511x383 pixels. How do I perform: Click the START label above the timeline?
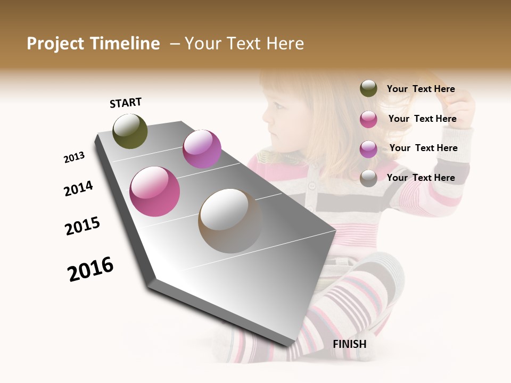(x=126, y=103)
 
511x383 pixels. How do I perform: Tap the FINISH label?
(x=350, y=344)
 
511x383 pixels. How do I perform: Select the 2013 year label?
(x=75, y=157)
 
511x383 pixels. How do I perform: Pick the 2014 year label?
(x=79, y=188)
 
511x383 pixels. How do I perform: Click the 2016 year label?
(x=90, y=269)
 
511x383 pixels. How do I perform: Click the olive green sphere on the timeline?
(x=130, y=131)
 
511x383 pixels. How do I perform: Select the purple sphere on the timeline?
(x=202, y=149)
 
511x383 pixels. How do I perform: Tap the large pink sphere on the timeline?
(x=155, y=191)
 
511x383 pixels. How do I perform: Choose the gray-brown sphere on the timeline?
(x=230, y=221)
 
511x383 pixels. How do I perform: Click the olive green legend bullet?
(x=368, y=89)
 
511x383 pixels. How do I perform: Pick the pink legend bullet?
(x=368, y=119)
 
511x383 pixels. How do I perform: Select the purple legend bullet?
(x=368, y=149)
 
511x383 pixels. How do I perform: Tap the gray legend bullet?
(x=368, y=178)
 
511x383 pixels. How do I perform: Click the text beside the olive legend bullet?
(x=421, y=89)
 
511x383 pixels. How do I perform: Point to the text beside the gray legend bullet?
(x=421, y=178)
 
